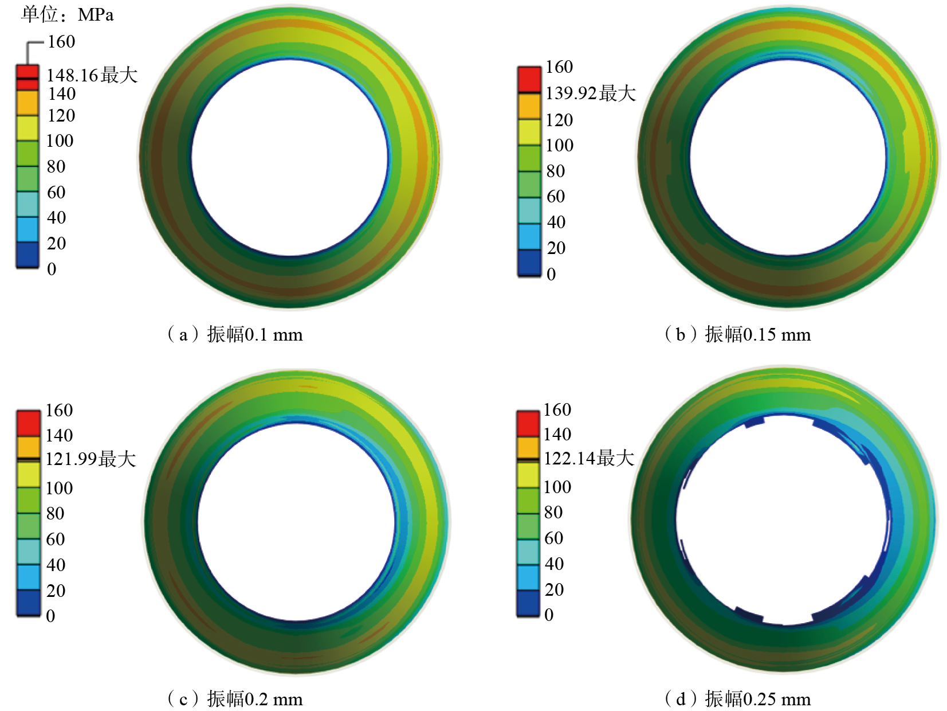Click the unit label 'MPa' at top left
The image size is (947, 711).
point(95,15)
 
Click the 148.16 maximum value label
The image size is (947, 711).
point(92,75)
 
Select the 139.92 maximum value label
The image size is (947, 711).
point(590,93)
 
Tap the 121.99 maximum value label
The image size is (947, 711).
point(91,459)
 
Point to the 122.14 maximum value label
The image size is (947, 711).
point(588,458)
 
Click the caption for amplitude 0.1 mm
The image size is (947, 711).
point(235,335)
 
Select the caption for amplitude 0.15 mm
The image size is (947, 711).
point(737,335)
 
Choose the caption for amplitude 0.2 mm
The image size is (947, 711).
point(235,698)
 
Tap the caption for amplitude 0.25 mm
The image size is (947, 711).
point(737,698)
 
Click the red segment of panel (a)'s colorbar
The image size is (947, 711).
point(27,77)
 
